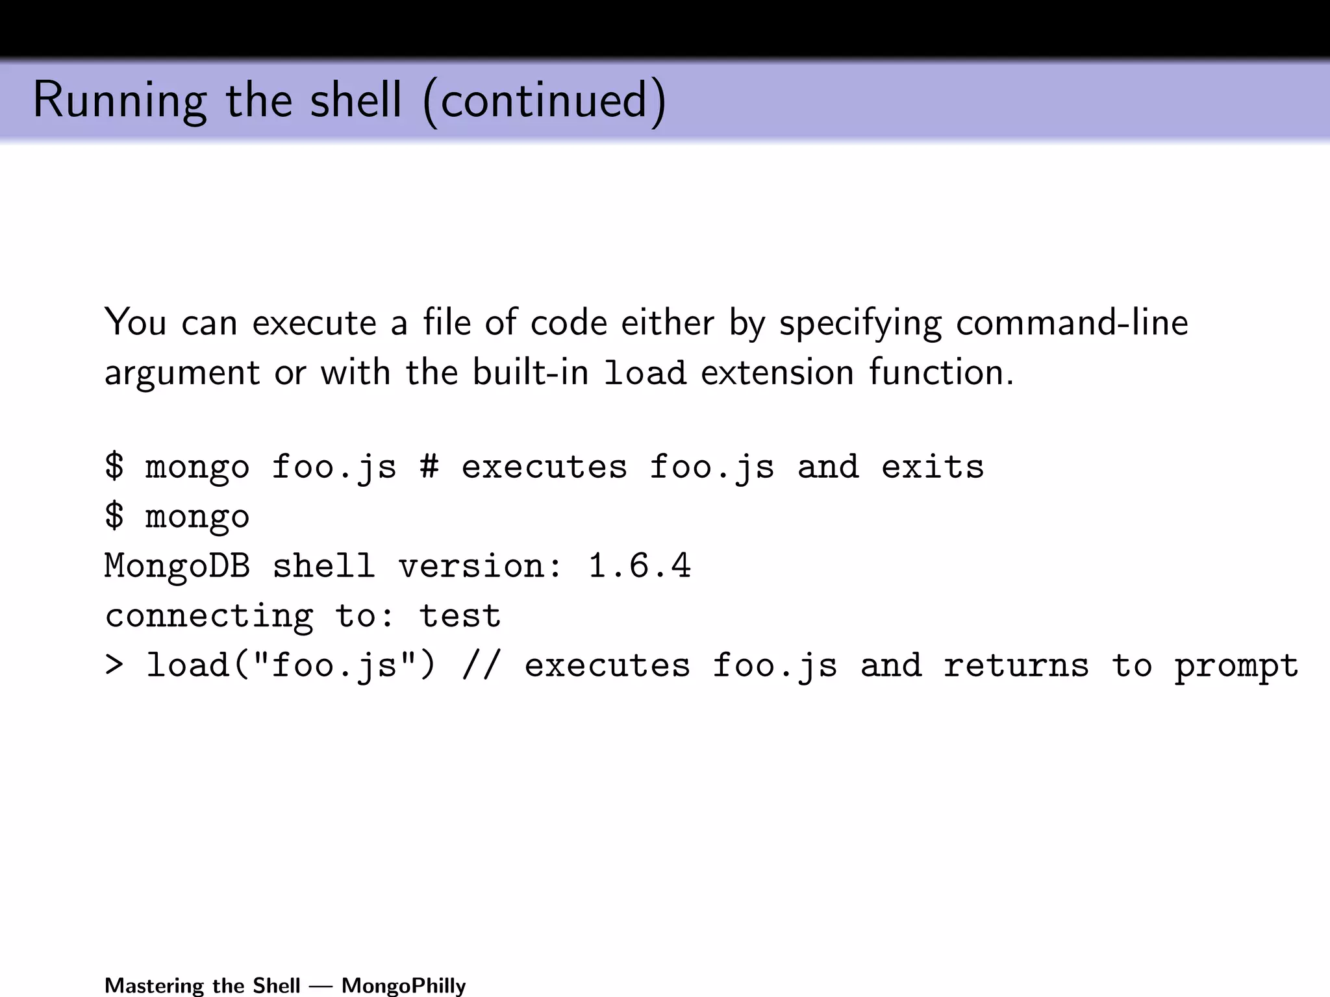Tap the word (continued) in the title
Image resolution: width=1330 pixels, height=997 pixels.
pos(544,101)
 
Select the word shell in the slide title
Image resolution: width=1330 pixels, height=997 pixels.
pos(356,101)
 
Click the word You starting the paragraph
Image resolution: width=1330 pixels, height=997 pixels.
pos(135,323)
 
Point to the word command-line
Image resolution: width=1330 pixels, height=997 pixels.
pos(1072,323)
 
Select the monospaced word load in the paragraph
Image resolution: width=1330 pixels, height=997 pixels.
pos(645,373)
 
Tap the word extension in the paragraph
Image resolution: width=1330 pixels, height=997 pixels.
pos(777,373)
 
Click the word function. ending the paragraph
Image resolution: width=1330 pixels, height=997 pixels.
pos(941,373)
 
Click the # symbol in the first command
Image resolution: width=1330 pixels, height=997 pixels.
pos(429,467)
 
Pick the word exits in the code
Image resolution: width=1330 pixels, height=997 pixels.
pos(933,467)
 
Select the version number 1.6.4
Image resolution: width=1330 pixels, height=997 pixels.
pos(640,566)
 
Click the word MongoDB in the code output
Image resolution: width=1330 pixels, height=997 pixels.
pos(177,566)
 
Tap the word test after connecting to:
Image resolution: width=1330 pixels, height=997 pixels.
pos(460,615)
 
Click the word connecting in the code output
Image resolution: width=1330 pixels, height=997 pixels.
pos(209,617)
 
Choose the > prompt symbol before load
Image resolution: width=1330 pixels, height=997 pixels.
pos(114,665)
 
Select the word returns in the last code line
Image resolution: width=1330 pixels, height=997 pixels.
pos(1016,665)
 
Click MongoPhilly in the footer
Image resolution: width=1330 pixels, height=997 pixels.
pos(404,985)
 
